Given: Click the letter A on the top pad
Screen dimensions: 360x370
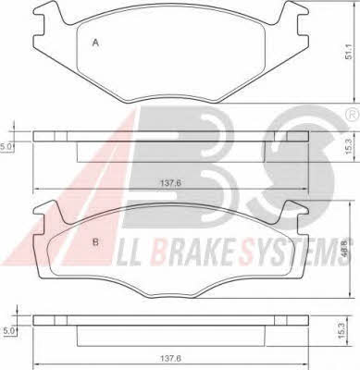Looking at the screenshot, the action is (95, 43).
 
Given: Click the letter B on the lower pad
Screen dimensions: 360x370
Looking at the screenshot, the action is (95, 242).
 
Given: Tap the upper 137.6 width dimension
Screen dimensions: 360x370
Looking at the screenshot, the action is (170, 182).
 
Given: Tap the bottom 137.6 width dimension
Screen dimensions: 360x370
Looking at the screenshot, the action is (170, 359).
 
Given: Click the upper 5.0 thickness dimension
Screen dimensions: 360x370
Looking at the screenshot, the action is (6, 147).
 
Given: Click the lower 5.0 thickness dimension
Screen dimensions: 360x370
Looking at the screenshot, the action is (8, 331).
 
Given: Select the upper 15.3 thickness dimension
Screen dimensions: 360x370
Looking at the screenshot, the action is (348, 146).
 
